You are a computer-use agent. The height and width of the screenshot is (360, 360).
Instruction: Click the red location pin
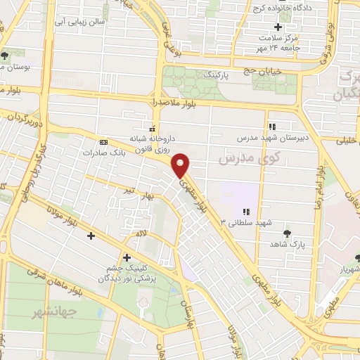click(181, 165)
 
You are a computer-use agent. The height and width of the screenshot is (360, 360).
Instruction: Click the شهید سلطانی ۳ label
click(245, 223)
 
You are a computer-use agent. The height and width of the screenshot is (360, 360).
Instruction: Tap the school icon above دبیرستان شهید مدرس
click(272, 127)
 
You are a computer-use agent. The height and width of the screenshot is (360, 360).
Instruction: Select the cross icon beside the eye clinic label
click(127, 257)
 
